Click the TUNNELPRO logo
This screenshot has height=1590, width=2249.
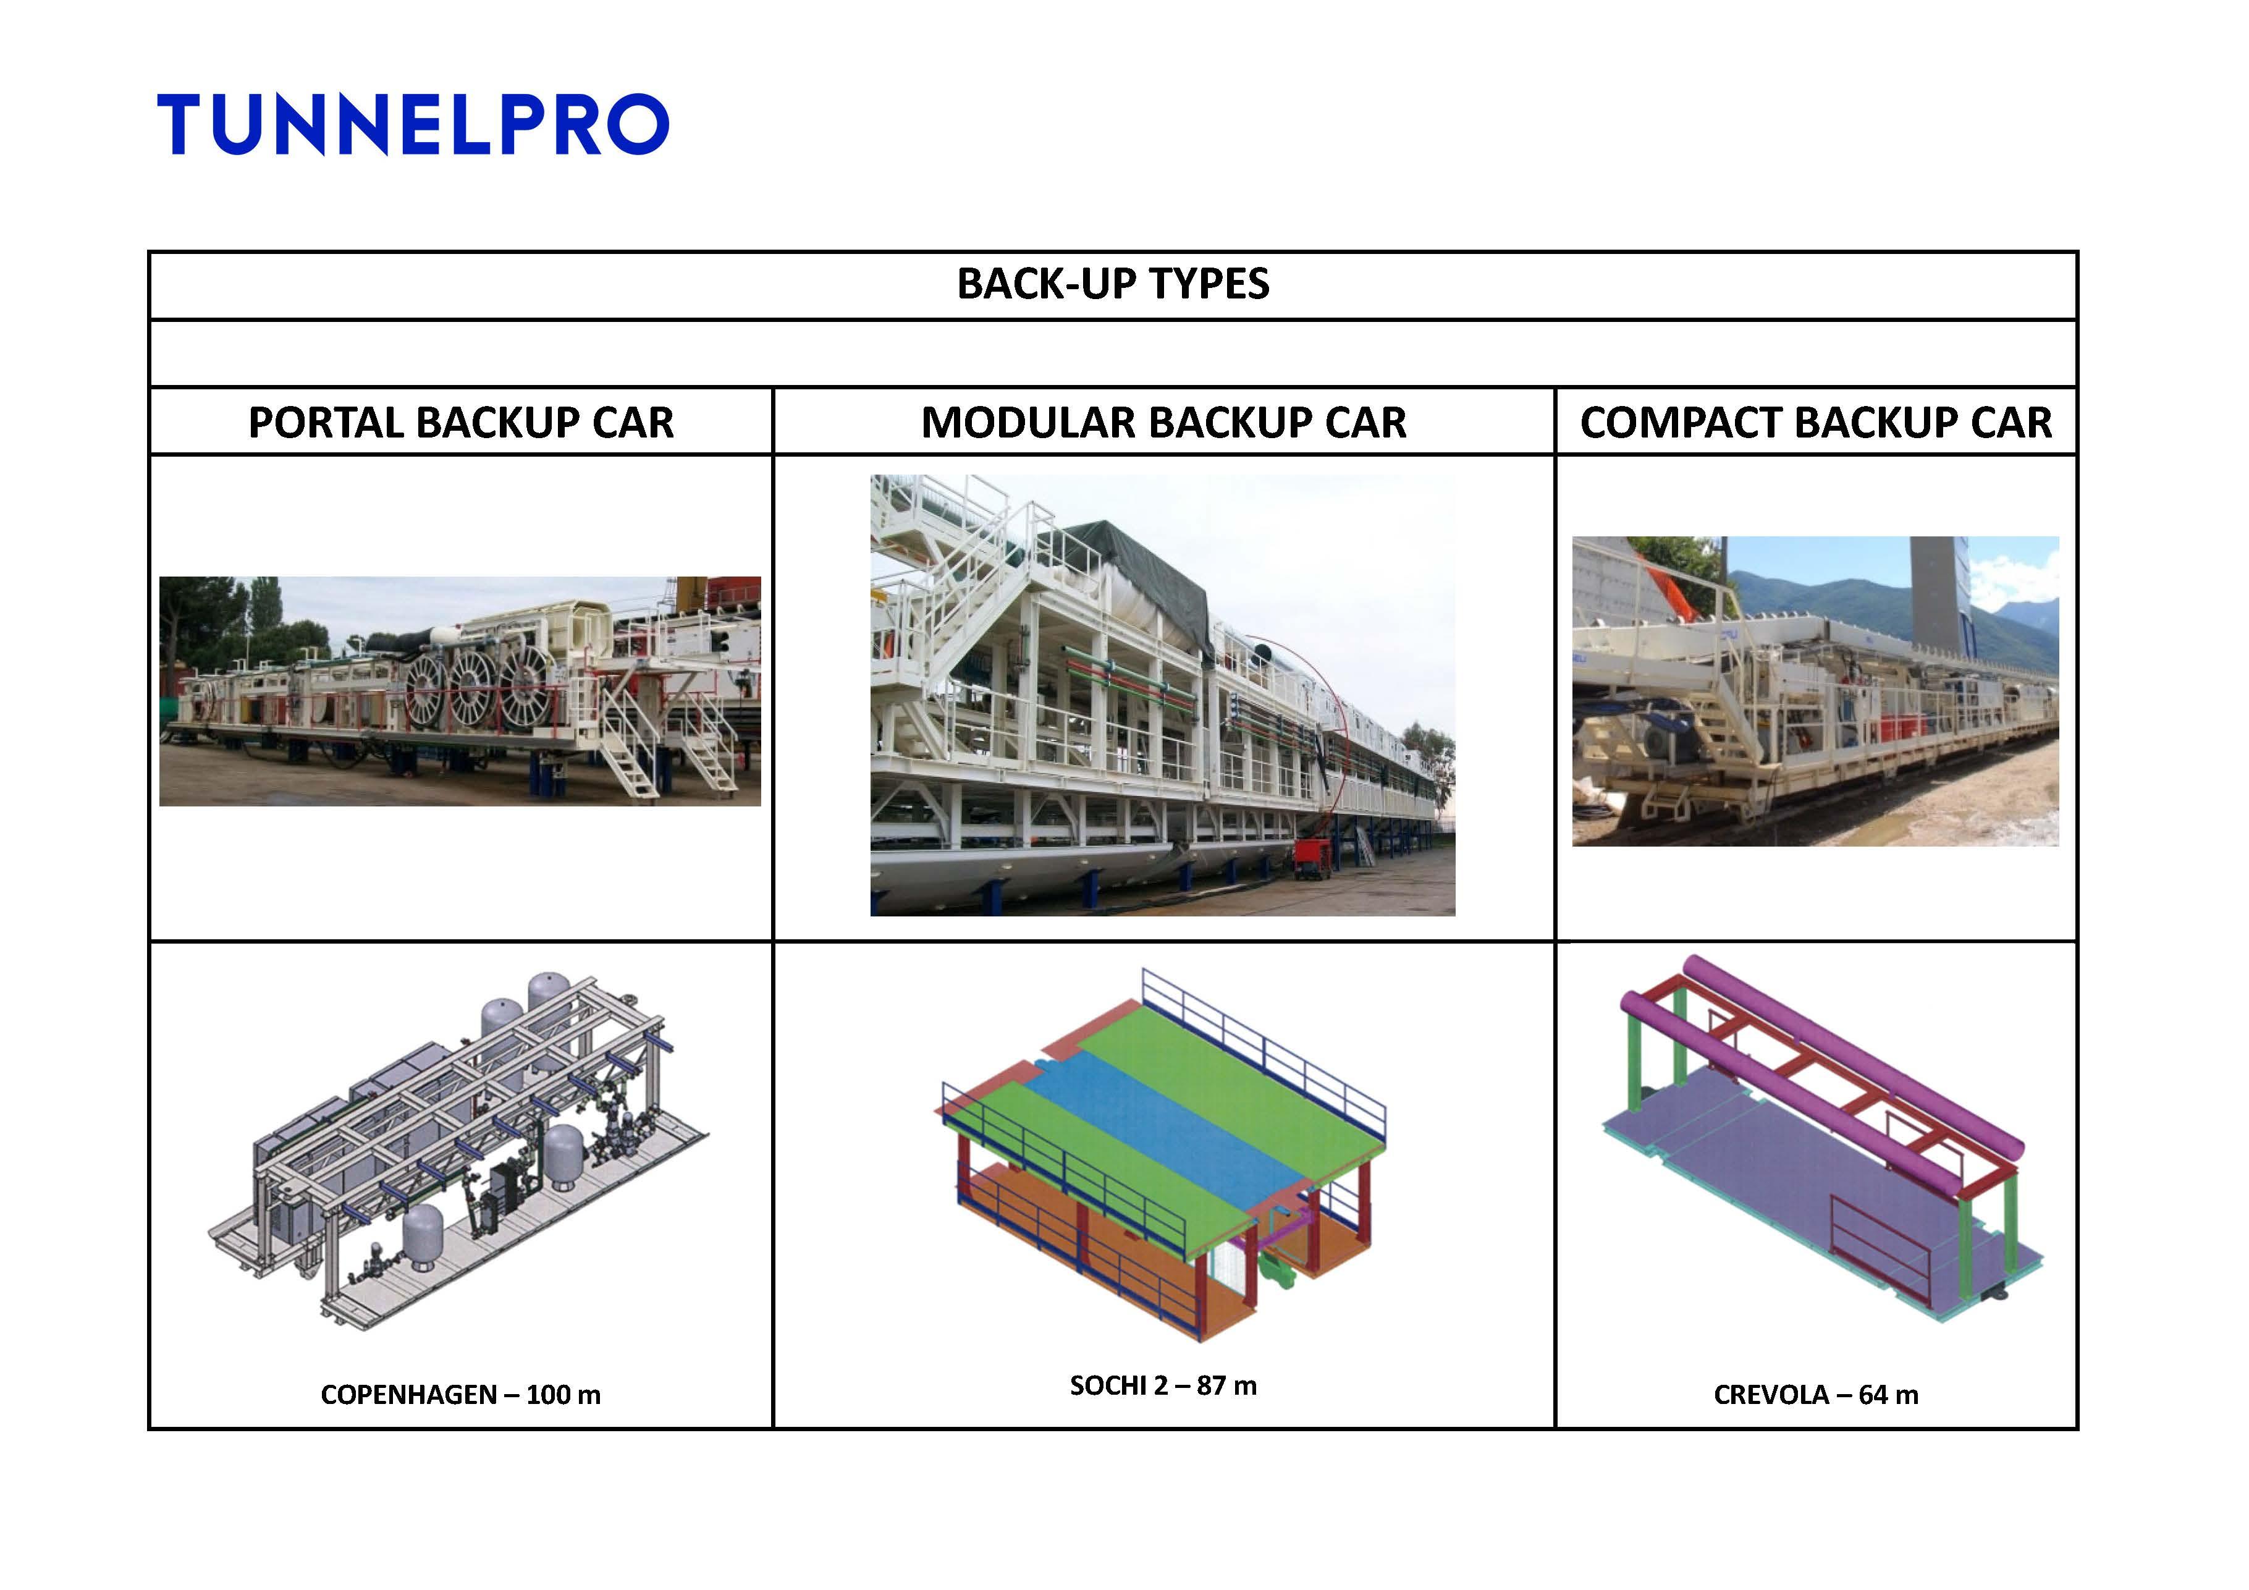click(412, 124)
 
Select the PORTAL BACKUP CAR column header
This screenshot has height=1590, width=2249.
click(462, 422)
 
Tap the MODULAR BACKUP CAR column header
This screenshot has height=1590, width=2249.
click(1163, 422)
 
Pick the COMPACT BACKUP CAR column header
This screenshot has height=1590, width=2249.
click(1816, 422)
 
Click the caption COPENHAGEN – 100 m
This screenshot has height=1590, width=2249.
click(460, 1394)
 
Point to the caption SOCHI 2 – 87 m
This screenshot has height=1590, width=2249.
click(1163, 1385)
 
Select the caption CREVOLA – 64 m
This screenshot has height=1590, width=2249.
click(1816, 1394)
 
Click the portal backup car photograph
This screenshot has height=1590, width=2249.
click(460, 691)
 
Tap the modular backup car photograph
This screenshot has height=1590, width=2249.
click(1163, 696)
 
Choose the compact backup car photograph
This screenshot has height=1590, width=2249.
click(1815, 691)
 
